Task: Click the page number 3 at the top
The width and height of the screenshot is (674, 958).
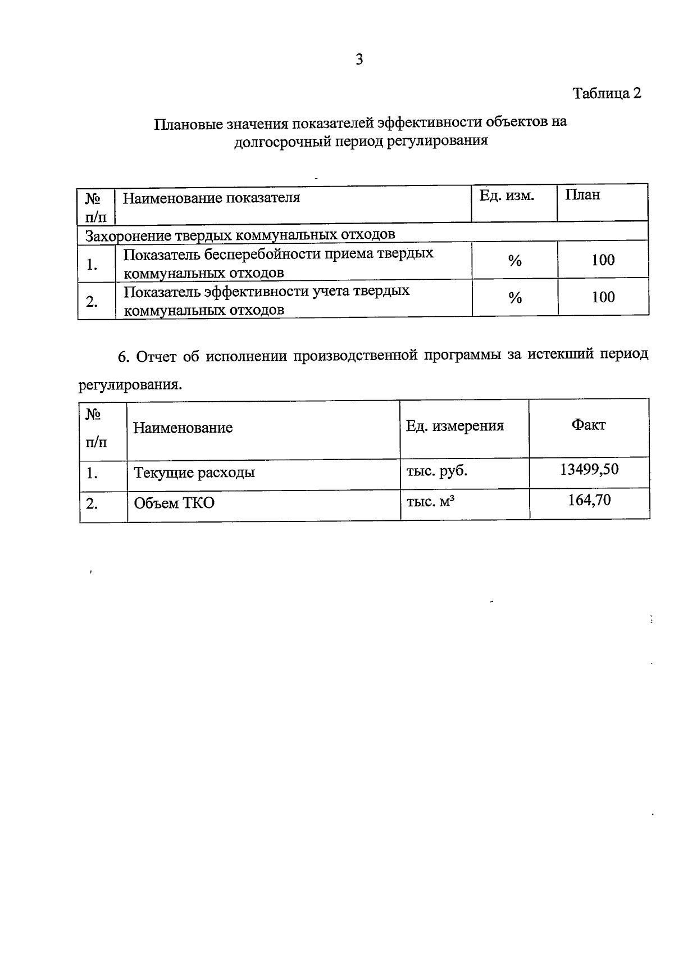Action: tap(359, 60)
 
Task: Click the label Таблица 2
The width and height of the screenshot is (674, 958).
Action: tap(607, 93)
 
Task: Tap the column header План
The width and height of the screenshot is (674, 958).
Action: tap(582, 195)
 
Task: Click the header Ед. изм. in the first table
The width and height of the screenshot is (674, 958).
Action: tap(506, 196)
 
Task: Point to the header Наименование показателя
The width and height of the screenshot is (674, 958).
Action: tap(211, 198)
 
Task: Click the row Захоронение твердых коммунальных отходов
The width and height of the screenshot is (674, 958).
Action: tap(240, 234)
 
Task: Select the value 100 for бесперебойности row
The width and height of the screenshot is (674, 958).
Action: tap(603, 260)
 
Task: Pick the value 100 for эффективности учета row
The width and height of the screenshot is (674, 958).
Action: tap(603, 297)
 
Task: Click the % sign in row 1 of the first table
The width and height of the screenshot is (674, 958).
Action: tap(514, 261)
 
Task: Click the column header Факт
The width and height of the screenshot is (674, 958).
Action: tap(588, 425)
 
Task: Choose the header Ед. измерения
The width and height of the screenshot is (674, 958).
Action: tap(455, 426)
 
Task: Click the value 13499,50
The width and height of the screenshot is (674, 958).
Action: tap(589, 469)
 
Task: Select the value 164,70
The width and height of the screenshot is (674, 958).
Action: tap(589, 500)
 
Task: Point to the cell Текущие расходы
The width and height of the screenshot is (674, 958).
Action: tap(194, 473)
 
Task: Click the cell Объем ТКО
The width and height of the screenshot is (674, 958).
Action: tap(174, 503)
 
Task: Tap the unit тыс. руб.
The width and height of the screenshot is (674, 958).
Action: tap(436, 471)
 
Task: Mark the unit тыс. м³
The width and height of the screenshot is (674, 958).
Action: tap(430, 501)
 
